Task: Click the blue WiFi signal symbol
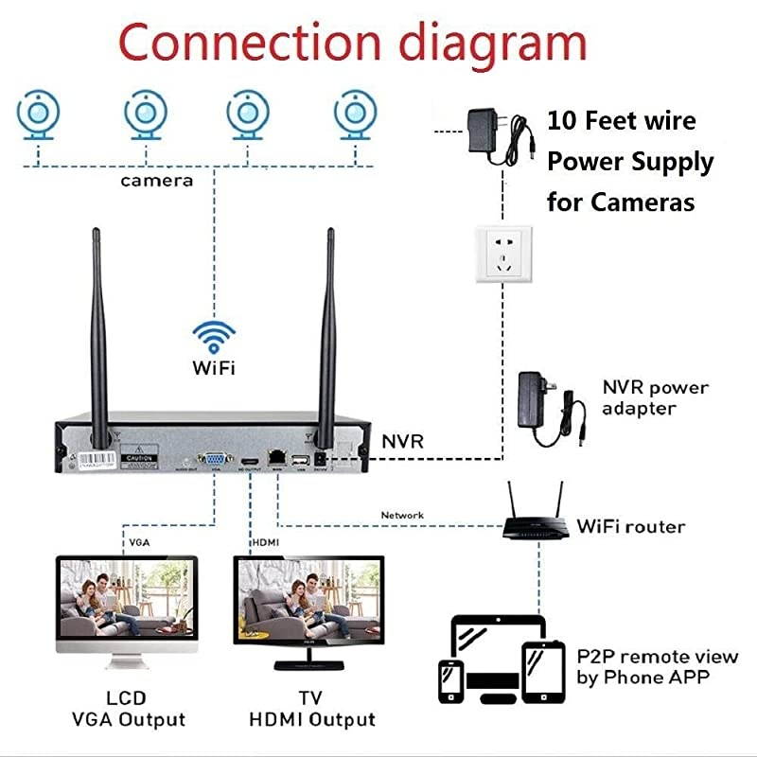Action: pyautogui.click(x=214, y=337)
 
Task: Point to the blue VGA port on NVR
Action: pyautogui.click(x=217, y=459)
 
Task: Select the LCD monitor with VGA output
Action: pyautogui.click(x=127, y=605)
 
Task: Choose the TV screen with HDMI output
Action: pyautogui.click(x=309, y=605)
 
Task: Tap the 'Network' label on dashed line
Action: pyautogui.click(x=402, y=516)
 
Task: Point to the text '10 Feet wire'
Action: pyautogui.click(x=621, y=121)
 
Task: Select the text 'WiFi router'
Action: pyautogui.click(x=630, y=526)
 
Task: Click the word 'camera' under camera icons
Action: pyautogui.click(x=156, y=180)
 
